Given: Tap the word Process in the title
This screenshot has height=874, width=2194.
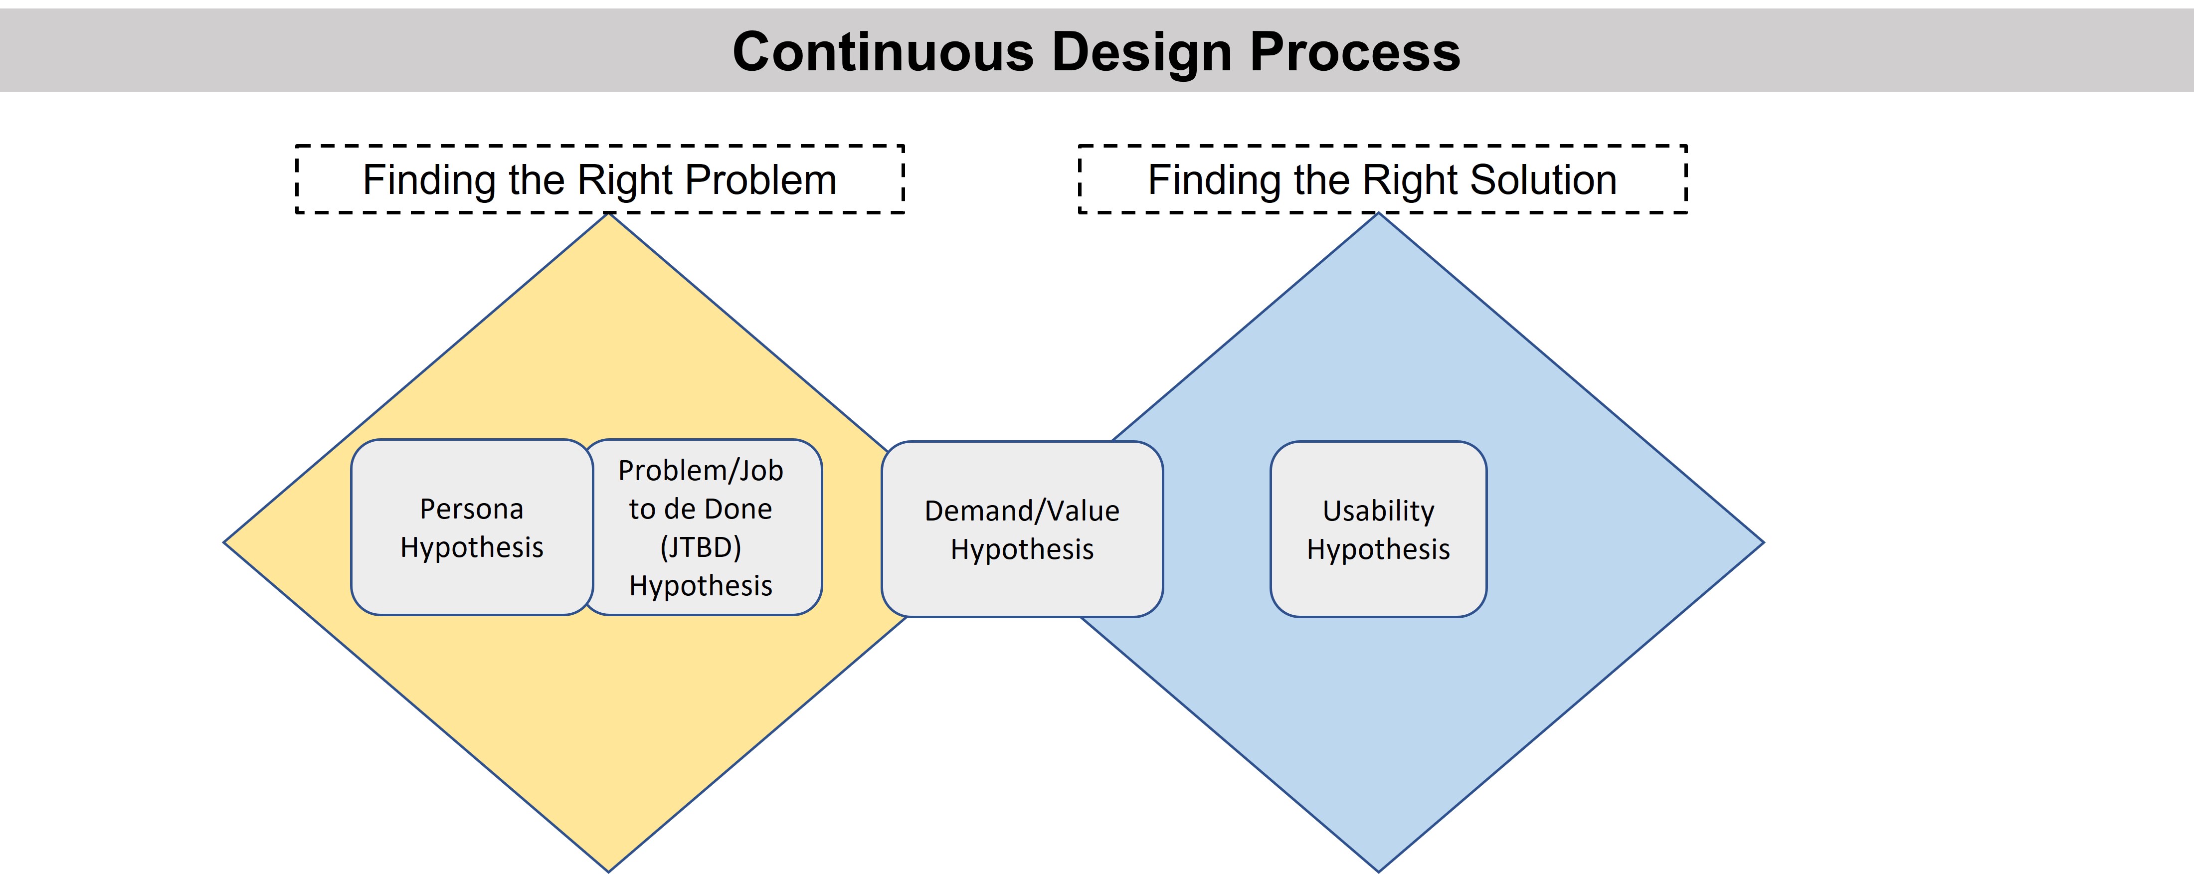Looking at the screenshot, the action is click(1355, 52).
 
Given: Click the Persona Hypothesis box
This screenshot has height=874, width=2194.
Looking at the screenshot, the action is click(472, 527).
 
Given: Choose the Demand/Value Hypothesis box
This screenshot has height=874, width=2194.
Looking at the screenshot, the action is click(1022, 529).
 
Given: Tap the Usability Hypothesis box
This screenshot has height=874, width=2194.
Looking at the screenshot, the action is click(1378, 529).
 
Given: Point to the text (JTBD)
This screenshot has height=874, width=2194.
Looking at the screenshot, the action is click(701, 547).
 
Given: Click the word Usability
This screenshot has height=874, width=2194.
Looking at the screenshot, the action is click(1378, 511).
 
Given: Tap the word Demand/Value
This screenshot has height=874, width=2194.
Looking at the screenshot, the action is click(1022, 511).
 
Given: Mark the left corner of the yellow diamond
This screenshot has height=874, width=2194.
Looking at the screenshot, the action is click(224, 542).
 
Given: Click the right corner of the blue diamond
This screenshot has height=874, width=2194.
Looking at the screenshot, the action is click(1763, 542).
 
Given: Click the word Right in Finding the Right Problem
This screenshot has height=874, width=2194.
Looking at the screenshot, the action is click(624, 180).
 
